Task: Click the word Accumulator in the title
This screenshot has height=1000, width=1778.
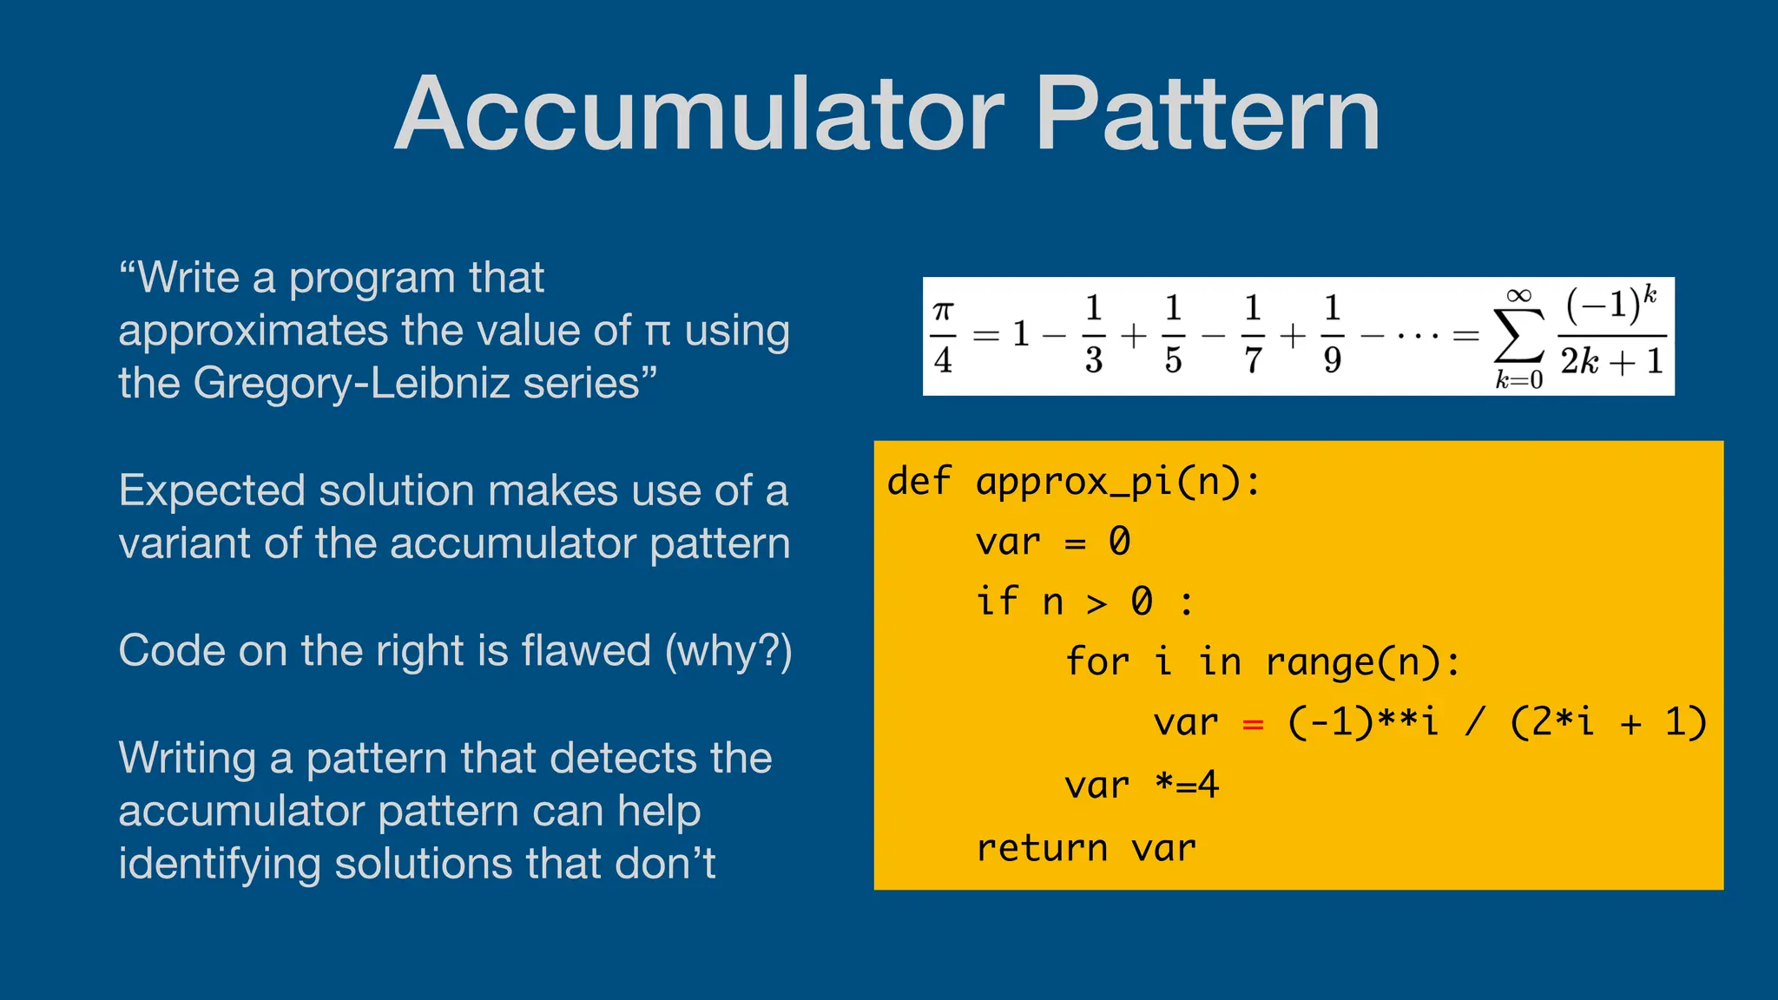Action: pos(699,115)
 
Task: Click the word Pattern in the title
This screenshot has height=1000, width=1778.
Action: pos(1208,115)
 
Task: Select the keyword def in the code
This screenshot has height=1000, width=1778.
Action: pos(919,482)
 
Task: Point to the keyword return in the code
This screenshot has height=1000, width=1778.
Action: pos(1042,848)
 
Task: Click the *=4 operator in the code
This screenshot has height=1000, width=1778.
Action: pos(1187,785)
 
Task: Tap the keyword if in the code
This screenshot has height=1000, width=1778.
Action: pos(996,601)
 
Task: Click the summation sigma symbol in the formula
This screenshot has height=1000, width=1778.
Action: pos(1518,336)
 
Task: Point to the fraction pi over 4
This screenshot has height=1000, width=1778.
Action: pos(944,336)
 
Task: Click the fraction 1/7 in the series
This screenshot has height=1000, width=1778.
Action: pos(1253,334)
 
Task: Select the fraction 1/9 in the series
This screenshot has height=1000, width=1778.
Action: pos(1333,334)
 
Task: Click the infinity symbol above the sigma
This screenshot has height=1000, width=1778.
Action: pos(1518,296)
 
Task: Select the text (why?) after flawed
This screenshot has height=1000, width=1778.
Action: pos(728,651)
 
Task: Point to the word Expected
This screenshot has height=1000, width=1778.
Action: pos(213,490)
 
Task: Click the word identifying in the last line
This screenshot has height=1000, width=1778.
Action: pos(220,865)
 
